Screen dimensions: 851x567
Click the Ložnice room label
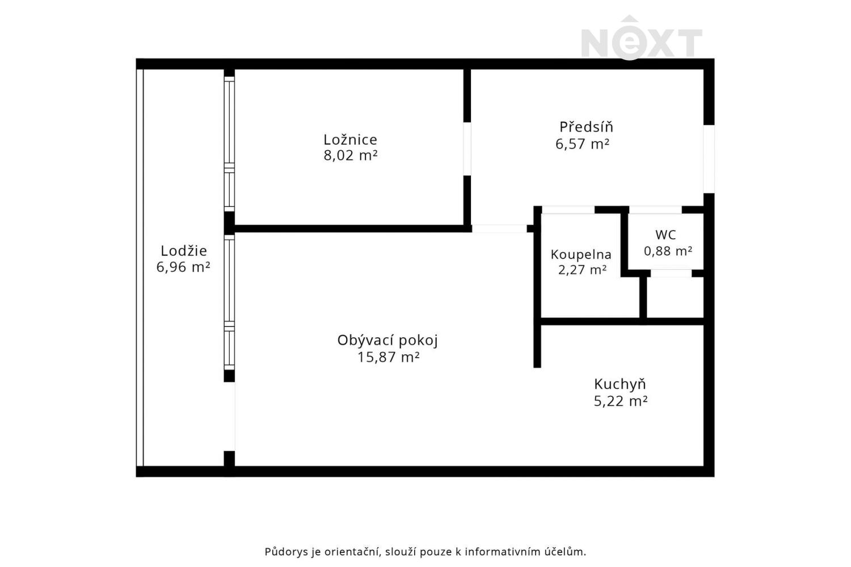(350, 139)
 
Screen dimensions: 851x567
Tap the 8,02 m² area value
(350, 155)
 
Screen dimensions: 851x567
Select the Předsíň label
(586, 126)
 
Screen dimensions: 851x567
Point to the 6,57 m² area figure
(583, 144)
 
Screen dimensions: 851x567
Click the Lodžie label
(184, 251)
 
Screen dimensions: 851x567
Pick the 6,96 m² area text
(183, 267)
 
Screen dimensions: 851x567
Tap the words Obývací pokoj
(387, 341)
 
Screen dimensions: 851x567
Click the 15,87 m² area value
(388, 357)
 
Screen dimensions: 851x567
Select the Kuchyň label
(620, 384)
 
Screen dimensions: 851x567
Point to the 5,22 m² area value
(621, 401)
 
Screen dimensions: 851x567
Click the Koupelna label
(581, 255)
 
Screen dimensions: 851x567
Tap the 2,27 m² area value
(582, 270)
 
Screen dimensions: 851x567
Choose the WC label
(665, 235)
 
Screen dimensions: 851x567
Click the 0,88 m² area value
(668, 251)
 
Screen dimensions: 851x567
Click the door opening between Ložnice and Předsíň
(467, 149)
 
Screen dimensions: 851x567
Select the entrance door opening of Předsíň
(709, 159)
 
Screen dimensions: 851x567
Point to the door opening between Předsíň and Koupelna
(568, 210)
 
